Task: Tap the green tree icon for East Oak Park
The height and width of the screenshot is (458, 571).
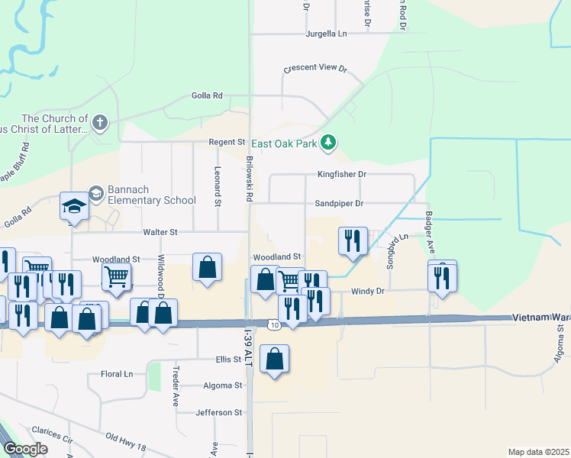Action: pyautogui.click(x=328, y=142)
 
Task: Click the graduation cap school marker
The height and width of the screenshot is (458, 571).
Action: pyautogui.click(x=75, y=206)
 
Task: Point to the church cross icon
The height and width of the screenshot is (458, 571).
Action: pyautogui.click(x=99, y=122)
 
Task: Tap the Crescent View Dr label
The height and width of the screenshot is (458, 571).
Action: pyautogui.click(x=315, y=68)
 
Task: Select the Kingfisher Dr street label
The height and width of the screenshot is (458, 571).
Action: pyautogui.click(x=342, y=174)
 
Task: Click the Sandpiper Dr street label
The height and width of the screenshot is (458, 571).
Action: pyautogui.click(x=337, y=204)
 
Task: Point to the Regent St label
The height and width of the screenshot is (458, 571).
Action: pyautogui.click(x=227, y=142)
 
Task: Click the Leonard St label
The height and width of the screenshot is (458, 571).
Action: pyautogui.click(x=218, y=187)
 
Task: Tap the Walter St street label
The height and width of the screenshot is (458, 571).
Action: pyautogui.click(x=160, y=232)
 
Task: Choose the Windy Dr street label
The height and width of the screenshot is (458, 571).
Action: pyautogui.click(x=367, y=292)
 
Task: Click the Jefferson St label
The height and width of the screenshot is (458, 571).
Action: pyautogui.click(x=218, y=412)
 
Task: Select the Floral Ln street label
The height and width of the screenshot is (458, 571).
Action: pyautogui.click(x=117, y=374)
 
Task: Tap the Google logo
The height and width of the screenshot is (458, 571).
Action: pyautogui.click(x=25, y=449)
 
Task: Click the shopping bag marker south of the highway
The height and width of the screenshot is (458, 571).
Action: pyautogui.click(x=275, y=359)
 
